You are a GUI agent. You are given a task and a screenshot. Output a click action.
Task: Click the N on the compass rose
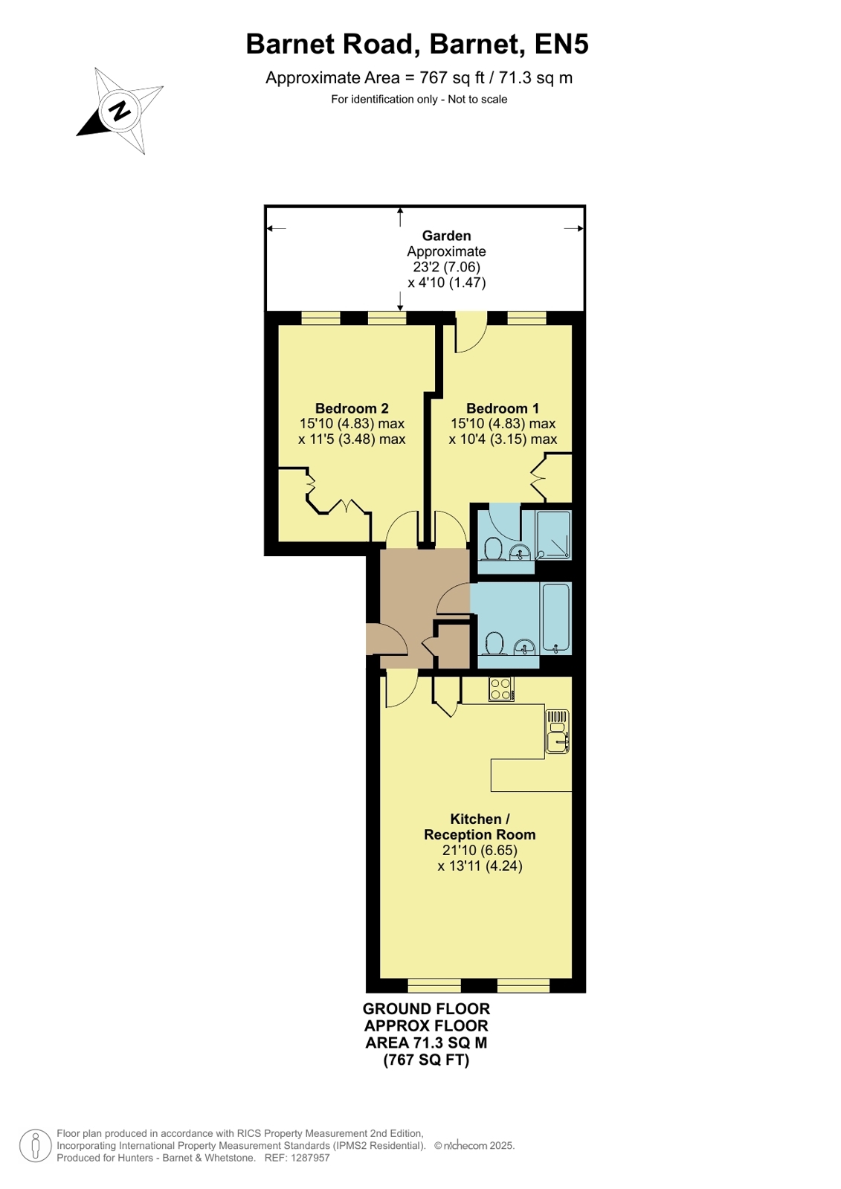pos(120,111)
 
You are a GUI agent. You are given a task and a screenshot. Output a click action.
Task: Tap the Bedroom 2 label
pos(352,408)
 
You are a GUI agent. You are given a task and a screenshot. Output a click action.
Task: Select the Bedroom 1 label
pos(502,408)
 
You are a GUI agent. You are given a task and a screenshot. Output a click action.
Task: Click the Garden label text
pos(446,236)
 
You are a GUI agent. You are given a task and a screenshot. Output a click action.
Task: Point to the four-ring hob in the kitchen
pos(501,689)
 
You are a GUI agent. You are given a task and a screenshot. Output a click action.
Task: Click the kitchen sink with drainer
pos(558,732)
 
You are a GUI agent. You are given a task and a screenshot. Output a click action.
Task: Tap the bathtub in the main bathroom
pos(556,619)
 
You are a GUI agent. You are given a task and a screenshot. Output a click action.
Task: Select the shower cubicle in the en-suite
pos(554,535)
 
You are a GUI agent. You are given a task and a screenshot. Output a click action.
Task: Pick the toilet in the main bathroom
pos(494,643)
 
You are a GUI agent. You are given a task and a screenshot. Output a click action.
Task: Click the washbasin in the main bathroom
pos(524,646)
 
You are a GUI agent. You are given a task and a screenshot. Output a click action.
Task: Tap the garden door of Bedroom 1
pos(471,334)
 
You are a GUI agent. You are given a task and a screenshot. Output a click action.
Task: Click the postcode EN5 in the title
pos(561,44)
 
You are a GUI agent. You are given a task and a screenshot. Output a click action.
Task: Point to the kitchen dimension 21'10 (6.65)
pos(480,851)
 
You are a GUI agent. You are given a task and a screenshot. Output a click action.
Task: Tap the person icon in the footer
pos(36,1146)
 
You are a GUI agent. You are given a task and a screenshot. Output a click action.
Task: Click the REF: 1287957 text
pos(297,1158)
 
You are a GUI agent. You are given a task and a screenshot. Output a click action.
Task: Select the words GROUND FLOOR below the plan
pos(426,1008)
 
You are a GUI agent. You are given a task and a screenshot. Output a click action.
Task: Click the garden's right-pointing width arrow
pos(574,229)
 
